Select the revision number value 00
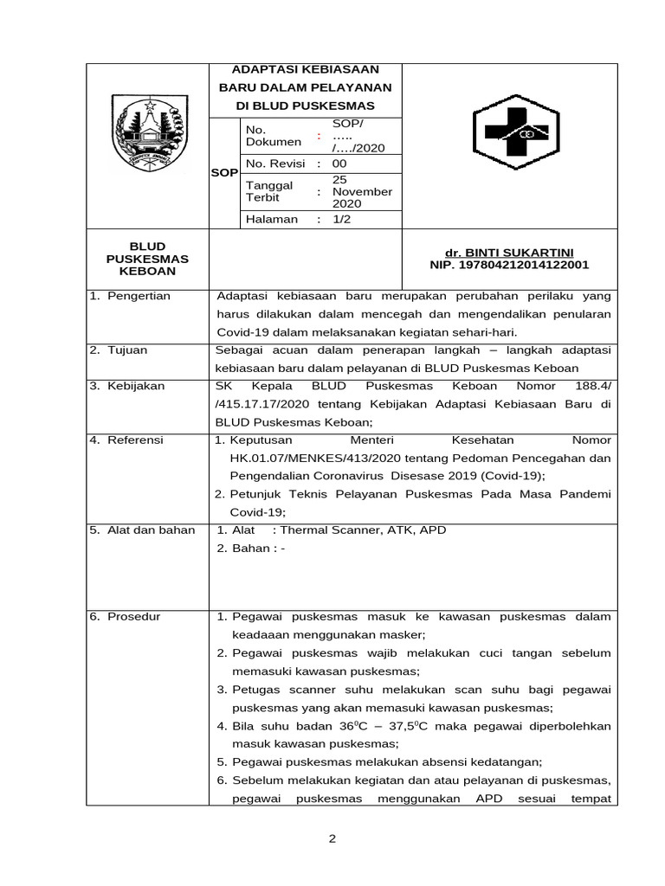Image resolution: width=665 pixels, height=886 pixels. [339, 164]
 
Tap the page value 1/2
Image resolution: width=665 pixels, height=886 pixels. [344, 219]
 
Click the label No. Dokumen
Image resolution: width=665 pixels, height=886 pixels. [274, 136]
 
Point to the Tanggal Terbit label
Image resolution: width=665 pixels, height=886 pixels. [269, 191]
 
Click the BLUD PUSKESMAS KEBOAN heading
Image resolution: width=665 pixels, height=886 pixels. [147, 259]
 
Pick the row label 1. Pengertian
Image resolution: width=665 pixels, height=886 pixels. [131, 296]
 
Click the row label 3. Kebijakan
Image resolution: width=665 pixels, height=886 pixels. [127, 386]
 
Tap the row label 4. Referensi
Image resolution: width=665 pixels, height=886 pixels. [127, 440]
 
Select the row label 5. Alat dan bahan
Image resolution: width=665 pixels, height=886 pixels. [143, 530]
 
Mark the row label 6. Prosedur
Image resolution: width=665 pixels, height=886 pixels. [126, 616]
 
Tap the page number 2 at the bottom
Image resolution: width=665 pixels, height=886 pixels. [332, 838]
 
